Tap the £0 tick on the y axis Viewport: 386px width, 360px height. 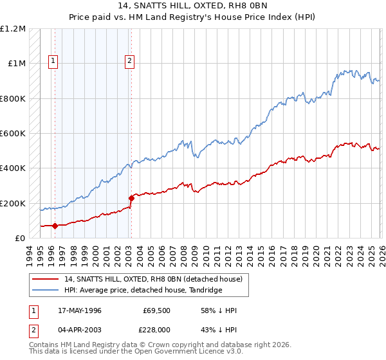pyautogui.click(x=21, y=238)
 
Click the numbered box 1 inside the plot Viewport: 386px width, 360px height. pyautogui.click(x=53, y=62)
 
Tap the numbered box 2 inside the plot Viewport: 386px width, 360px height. pyautogui.click(x=129, y=62)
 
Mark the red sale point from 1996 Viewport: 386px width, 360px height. pyautogui.click(x=55, y=226)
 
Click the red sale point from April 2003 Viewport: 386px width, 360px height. pyautogui.click(x=131, y=198)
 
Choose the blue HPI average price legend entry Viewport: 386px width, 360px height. pyautogui.click(x=143, y=291)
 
